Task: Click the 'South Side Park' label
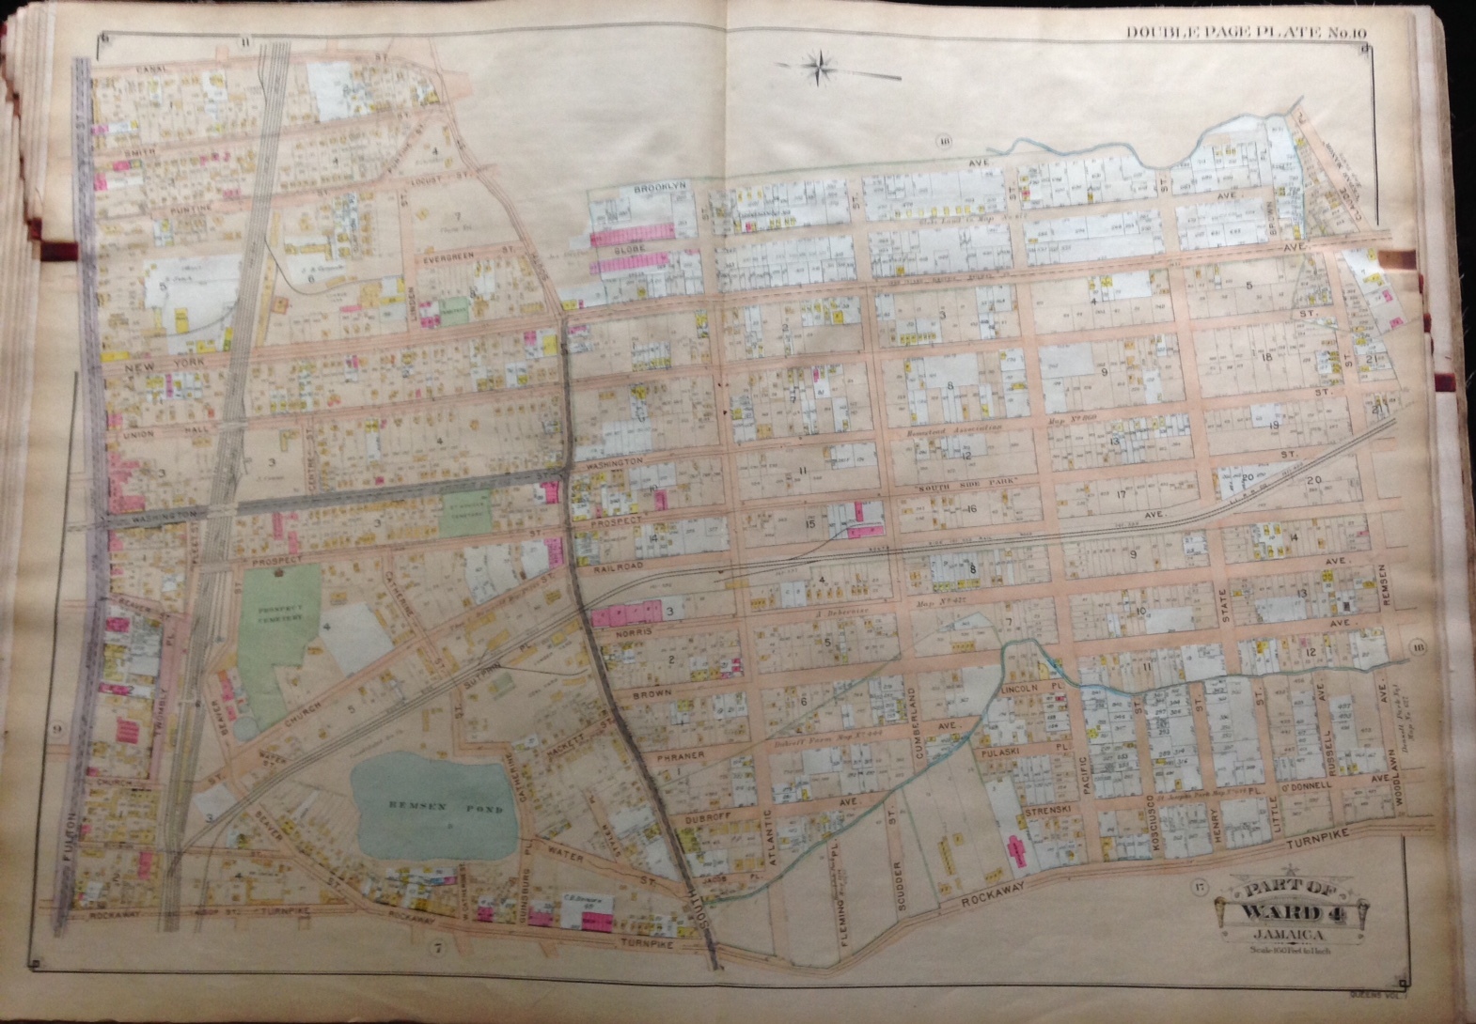coord(950,491)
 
